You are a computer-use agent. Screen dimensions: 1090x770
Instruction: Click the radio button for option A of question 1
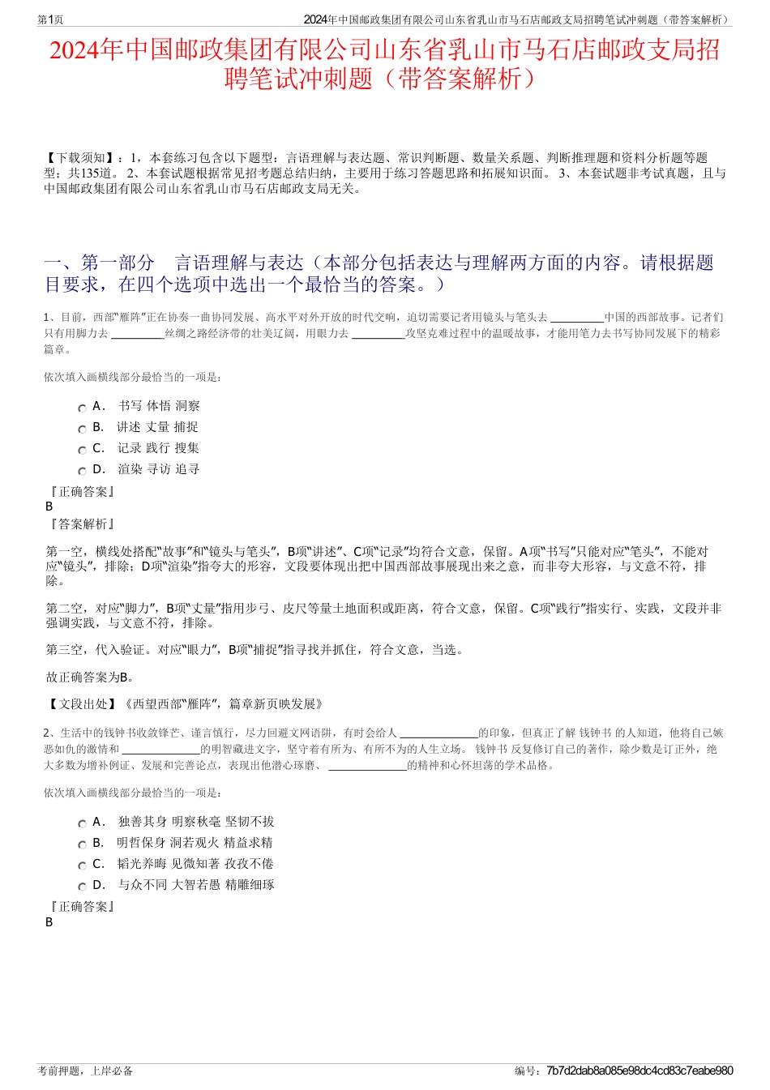82,408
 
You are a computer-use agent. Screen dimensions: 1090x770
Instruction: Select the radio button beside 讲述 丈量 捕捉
82,430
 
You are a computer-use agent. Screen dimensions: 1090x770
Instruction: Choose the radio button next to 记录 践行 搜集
82,451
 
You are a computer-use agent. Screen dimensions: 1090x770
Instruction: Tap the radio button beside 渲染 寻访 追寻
82,472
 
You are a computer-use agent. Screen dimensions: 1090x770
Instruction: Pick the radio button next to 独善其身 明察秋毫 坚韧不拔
82,824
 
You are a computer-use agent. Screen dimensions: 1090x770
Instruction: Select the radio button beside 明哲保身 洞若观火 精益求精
82,845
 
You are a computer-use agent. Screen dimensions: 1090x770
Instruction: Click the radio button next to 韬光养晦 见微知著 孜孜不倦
82,866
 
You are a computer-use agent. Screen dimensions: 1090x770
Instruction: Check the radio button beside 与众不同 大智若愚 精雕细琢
82,887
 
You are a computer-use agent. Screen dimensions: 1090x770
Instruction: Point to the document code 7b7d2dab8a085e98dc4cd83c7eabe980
640,1071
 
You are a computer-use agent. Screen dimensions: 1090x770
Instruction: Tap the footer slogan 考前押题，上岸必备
85,1071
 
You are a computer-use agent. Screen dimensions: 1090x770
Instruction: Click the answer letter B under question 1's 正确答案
49,507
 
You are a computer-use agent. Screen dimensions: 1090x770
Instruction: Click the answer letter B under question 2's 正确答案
49,922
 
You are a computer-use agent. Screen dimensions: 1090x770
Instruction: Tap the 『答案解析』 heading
82,524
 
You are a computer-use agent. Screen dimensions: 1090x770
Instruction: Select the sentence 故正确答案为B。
91,678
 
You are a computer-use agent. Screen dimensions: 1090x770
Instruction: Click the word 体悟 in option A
158,406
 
